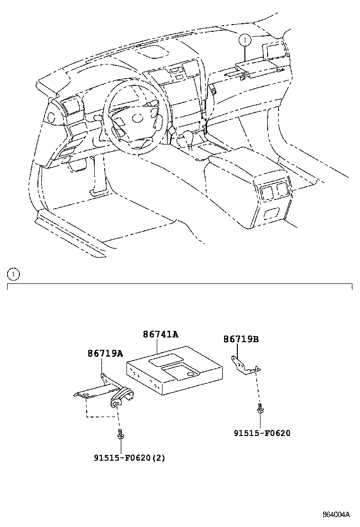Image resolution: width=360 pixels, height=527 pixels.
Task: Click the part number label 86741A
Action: (161, 335)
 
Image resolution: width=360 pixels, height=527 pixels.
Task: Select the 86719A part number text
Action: (105, 354)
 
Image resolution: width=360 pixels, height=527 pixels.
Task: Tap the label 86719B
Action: (241, 339)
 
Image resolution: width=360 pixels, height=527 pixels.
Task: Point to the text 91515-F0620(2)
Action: (129, 458)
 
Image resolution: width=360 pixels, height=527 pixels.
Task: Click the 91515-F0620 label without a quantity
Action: (261, 433)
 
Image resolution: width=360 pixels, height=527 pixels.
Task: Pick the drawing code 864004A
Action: (336, 515)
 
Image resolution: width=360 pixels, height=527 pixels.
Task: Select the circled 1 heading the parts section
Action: (14, 273)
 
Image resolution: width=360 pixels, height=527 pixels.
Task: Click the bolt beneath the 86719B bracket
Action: (260, 408)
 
